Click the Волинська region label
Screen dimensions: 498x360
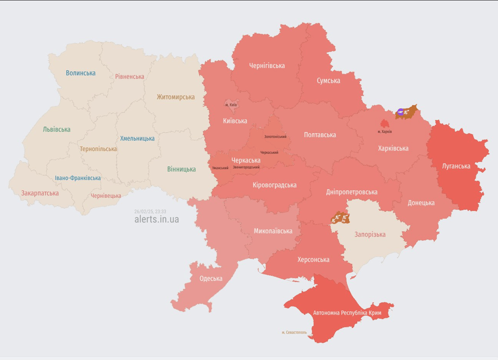tap(81, 73)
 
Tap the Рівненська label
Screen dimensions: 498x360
tap(130, 76)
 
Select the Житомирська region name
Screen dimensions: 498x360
tap(176, 97)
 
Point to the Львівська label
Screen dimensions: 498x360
tap(56, 129)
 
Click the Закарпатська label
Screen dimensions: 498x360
tap(40, 193)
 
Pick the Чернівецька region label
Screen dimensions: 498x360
tap(106, 195)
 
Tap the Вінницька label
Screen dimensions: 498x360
tap(181, 169)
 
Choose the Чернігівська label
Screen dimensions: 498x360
tap(267, 66)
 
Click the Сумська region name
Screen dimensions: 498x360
tap(328, 81)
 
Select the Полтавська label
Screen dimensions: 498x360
tap(320, 135)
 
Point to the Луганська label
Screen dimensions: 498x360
tap(456, 166)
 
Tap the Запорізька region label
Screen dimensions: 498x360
tap(370, 234)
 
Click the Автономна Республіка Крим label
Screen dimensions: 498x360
tap(347, 313)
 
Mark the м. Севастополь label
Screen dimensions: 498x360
tap(294, 332)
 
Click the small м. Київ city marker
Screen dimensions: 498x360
tap(231, 104)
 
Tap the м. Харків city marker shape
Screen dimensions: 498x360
tap(385, 124)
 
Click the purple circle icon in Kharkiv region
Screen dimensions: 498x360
tap(401, 112)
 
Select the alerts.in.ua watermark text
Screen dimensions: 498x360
tap(156, 219)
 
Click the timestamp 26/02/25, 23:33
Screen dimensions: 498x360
tap(150, 211)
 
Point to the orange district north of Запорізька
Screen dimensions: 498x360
tap(340, 218)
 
